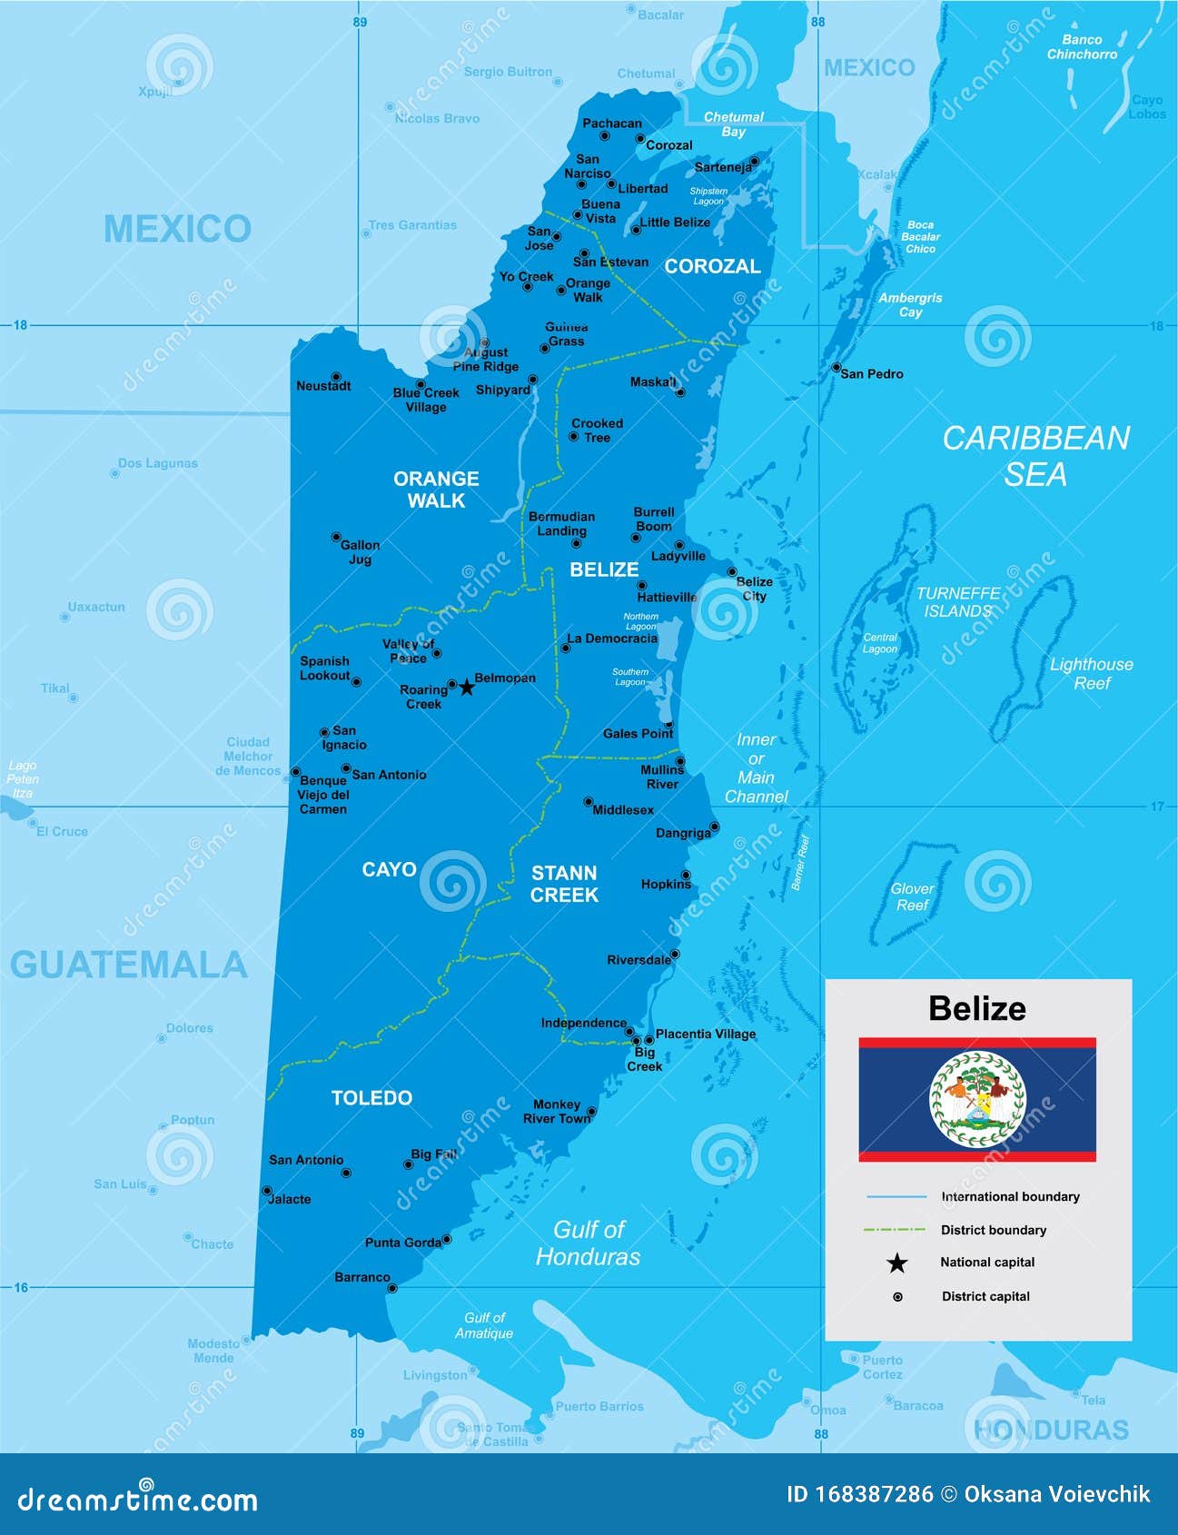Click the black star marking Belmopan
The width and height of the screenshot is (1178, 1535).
pos(466,688)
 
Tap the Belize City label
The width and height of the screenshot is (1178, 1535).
pos(755,589)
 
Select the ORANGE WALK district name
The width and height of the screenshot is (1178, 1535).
pos(436,490)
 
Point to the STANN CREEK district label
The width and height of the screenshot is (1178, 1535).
pos(564,884)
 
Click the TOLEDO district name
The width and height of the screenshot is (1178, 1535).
pos(371,1098)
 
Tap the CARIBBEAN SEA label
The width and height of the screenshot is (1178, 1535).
pos(1036,456)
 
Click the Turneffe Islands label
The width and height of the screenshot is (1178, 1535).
pos(958,602)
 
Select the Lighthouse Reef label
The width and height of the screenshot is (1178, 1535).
pos(1092,674)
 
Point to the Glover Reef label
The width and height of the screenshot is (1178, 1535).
pos(913,896)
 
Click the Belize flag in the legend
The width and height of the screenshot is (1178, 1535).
pos(977,1099)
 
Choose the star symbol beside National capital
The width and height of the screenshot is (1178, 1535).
pos(897,1263)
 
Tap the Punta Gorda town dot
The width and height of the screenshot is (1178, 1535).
pos(447,1240)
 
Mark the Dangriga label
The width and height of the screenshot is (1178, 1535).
pos(683,833)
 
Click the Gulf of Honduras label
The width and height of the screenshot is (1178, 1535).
pos(589,1243)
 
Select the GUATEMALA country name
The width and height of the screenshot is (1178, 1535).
pos(129,965)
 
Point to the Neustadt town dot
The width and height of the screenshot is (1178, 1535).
pos(335,376)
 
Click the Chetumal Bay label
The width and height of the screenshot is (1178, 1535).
pos(734,124)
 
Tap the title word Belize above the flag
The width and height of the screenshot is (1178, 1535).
pos(977,1008)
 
